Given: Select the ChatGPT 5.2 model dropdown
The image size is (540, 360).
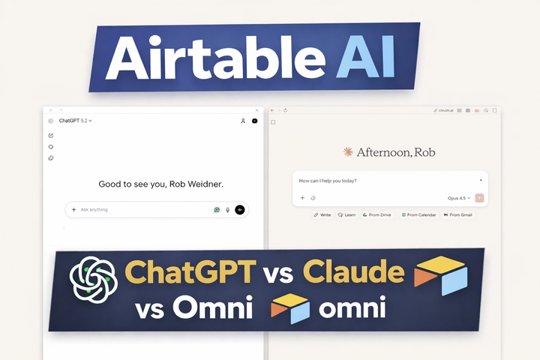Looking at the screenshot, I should (75, 121).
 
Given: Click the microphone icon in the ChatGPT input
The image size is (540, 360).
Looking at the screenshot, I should (228, 210).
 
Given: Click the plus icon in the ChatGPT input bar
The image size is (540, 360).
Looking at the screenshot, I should (73, 210).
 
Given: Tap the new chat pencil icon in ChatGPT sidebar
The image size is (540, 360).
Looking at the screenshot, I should (51, 136).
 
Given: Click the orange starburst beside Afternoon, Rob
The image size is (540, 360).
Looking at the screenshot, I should (348, 152).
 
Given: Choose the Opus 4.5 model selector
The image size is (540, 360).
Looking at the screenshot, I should (459, 198).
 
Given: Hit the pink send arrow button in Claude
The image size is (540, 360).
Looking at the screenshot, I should (479, 198).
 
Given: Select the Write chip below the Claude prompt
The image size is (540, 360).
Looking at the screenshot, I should (322, 215).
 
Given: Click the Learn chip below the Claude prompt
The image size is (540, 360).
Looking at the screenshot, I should (346, 215).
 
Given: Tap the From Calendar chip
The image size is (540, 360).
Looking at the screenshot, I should (418, 215).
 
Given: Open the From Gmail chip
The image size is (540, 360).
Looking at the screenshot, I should (457, 215).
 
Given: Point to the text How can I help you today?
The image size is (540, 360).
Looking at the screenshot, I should (328, 181).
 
